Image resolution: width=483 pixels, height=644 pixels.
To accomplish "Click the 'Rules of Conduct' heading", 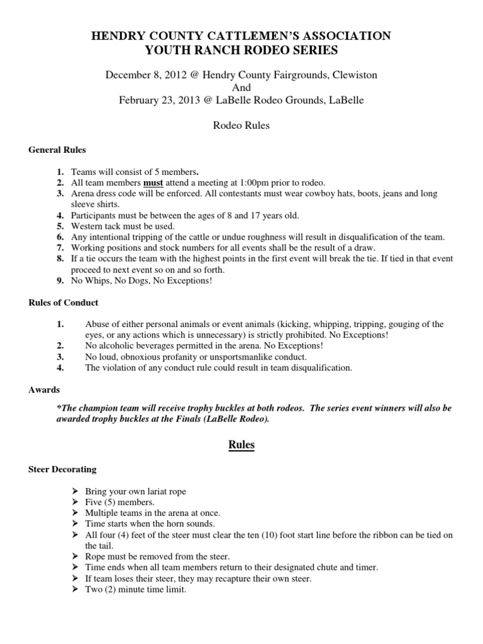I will [x=64, y=303].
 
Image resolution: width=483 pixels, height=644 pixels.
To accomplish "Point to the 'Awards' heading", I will [x=44, y=390].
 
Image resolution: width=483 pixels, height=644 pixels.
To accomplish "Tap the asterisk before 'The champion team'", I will [x=58, y=408].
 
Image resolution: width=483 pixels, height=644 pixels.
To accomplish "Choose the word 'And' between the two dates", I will [x=241, y=87].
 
